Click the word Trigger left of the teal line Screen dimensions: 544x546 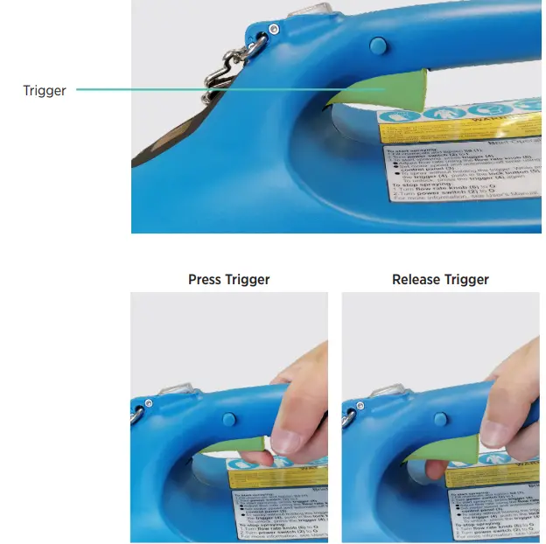pos(44,90)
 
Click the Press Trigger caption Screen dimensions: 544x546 pos(228,280)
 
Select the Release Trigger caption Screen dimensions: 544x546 pos(440,280)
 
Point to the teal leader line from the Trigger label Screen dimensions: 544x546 pos(219,89)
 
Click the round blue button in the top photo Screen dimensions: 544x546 pos(377,44)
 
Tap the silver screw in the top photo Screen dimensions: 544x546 pos(274,30)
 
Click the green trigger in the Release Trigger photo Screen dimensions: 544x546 pos(462,446)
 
